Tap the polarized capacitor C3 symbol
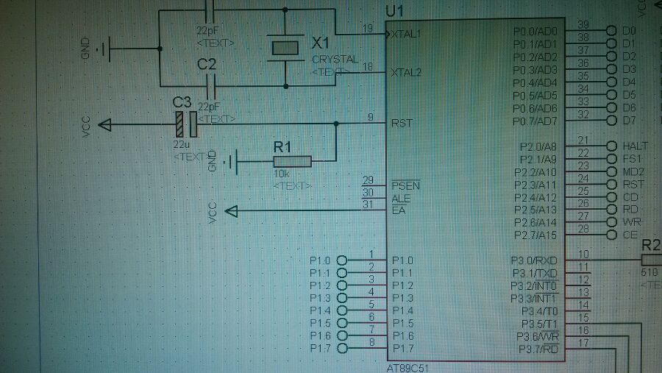click(185, 124)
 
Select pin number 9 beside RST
click(370, 117)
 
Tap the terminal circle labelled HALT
click(611, 146)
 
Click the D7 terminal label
click(628, 120)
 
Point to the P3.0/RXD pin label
click(535, 260)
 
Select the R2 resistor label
click(651, 245)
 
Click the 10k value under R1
click(282, 174)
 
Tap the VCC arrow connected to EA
click(232, 212)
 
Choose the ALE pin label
click(401, 198)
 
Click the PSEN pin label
click(405, 185)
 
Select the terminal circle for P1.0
click(341, 260)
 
